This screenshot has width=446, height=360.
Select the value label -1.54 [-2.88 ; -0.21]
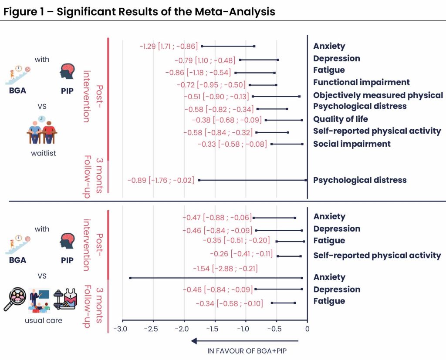(220, 268)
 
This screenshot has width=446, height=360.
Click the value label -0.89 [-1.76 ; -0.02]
(161, 180)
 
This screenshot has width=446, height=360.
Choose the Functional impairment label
(361, 82)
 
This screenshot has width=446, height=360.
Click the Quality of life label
(340, 119)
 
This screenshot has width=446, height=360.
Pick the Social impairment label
(351, 144)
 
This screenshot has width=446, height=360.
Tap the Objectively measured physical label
(378, 95)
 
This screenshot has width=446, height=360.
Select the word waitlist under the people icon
(43, 153)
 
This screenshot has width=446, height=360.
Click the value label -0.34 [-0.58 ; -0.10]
(229, 303)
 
